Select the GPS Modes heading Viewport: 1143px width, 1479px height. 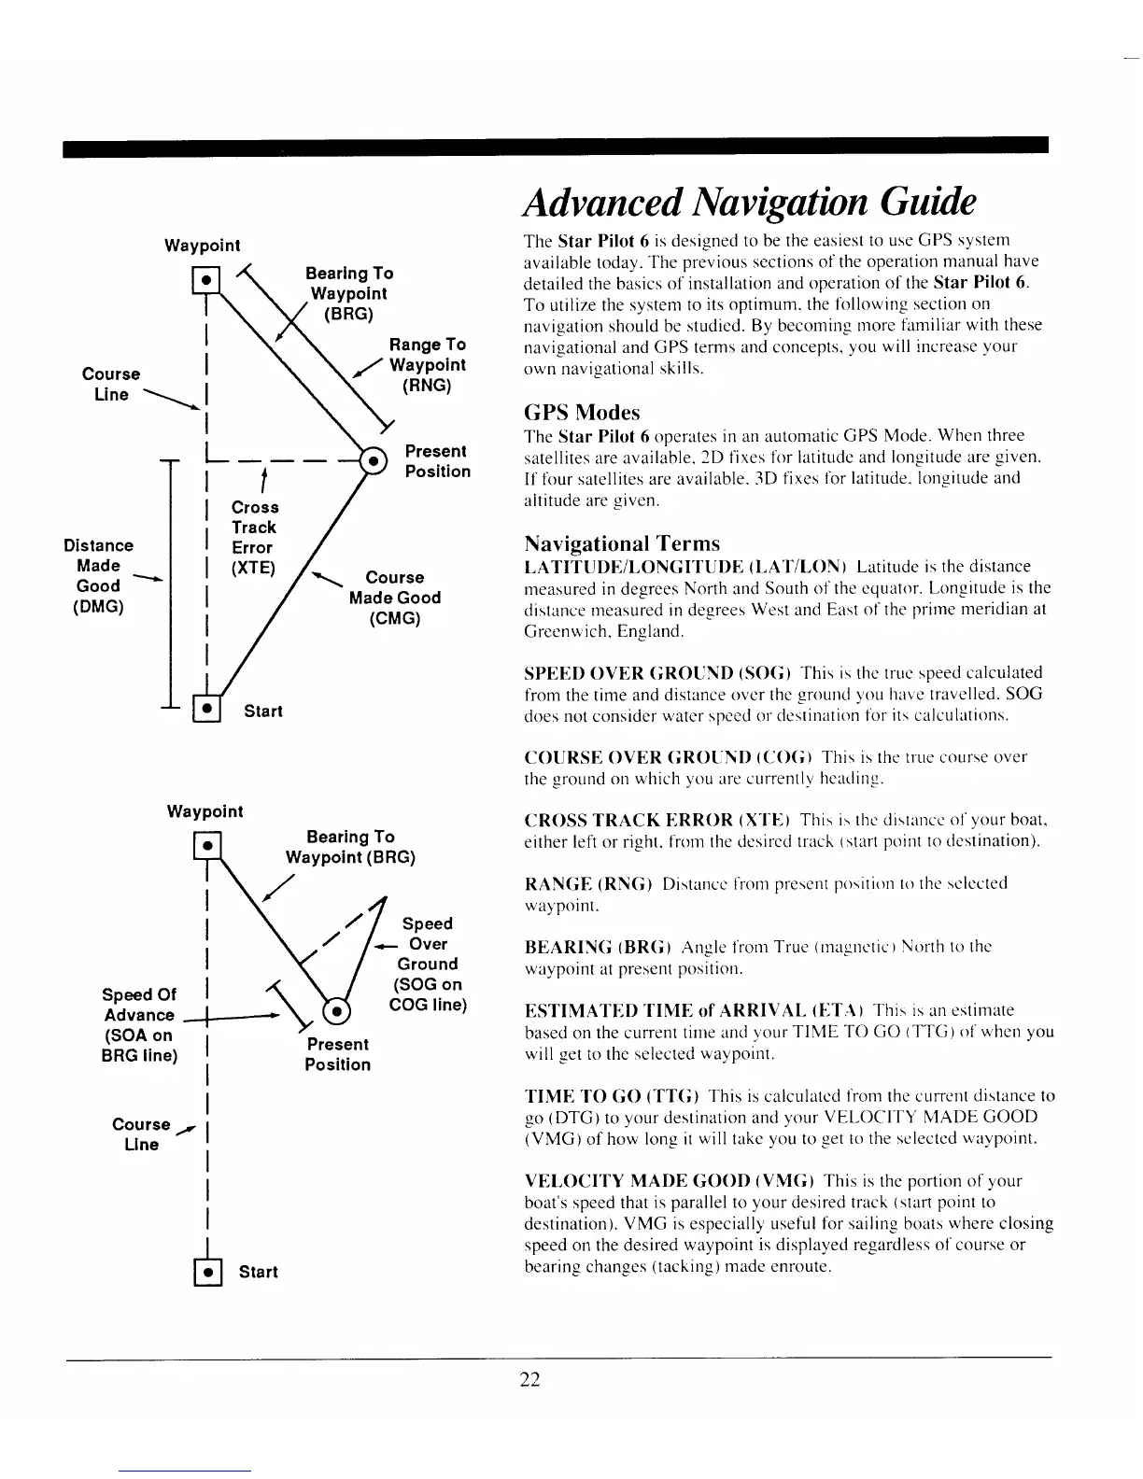[582, 412]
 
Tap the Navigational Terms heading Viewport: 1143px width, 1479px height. [622, 542]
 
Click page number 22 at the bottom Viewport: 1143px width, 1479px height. [530, 1379]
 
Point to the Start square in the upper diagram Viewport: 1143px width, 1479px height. [205, 710]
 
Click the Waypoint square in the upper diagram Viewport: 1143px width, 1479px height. [205, 279]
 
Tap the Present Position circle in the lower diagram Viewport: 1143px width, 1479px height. [336, 1012]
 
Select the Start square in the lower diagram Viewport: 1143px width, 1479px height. [206, 1272]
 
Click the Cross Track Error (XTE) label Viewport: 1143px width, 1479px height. [254, 537]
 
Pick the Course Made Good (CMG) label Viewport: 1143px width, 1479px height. [394, 598]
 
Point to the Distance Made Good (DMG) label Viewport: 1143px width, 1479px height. [98, 575]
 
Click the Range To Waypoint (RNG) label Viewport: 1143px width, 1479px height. [427, 365]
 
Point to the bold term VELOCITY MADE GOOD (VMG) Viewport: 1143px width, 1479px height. [670, 1180]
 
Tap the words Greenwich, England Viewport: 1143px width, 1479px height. [604, 631]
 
